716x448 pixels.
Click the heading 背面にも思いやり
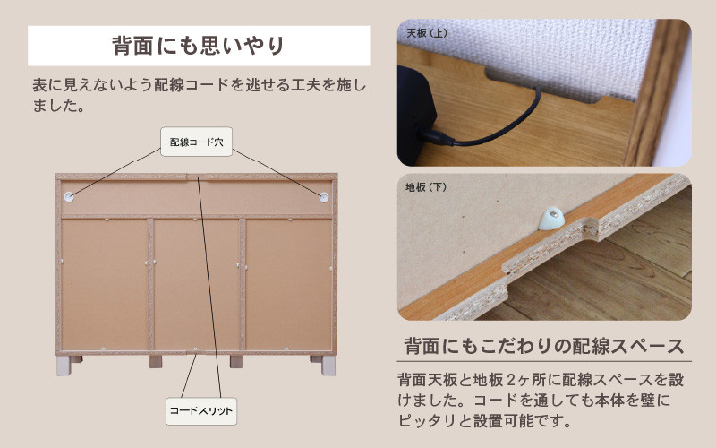(x=199, y=46)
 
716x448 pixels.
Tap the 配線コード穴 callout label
(x=196, y=142)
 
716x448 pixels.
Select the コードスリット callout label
(x=201, y=411)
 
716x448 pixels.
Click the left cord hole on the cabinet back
(x=69, y=196)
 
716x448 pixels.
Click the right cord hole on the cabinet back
(x=324, y=197)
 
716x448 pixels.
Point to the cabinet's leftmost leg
(x=64, y=366)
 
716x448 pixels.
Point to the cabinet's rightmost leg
(x=328, y=366)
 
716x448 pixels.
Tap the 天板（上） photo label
(x=427, y=33)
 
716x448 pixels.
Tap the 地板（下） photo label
(x=426, y=187)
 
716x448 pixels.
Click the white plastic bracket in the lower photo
(x=551, y=218)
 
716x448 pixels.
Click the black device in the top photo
(x=416, y=115)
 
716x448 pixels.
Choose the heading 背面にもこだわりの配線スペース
(x=544, y=346)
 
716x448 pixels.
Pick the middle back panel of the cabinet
(x=196, y=284)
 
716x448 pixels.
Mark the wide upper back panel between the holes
(x=196, y=197)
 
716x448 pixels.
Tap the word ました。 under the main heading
(x=58, y=106)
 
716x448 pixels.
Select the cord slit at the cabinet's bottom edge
(x=195, y=352)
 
